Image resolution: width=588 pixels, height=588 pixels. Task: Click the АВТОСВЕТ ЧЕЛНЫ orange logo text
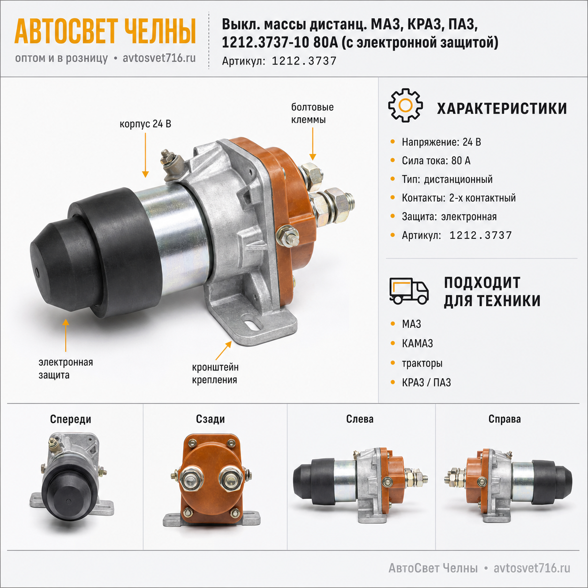[105, 31]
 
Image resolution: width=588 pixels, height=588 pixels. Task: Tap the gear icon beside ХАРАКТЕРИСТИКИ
[405, 106]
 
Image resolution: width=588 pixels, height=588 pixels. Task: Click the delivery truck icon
[409, 291]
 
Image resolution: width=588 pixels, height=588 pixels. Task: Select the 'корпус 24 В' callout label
[145, 124]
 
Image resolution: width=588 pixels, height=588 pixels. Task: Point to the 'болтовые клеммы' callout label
[312, 113]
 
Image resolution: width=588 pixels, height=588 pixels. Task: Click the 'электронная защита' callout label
[66, 369]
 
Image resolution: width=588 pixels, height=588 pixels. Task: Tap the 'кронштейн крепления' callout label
[215, 373]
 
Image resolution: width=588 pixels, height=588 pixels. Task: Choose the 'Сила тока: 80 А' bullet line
[436, 160]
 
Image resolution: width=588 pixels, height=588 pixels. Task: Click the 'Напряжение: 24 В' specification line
[441, 142]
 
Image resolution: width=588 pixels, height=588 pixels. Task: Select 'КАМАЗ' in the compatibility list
[417, 343]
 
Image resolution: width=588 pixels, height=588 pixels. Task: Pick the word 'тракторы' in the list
[422, 363]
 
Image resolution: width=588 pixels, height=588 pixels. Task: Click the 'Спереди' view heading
[70, 419]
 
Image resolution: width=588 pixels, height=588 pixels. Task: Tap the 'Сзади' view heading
[210, 419]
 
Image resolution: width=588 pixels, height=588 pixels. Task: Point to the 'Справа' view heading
[505, 419]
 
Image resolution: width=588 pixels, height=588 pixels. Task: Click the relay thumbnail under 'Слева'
[361, 482]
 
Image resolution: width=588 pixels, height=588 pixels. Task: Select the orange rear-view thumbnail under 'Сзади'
[211, 479]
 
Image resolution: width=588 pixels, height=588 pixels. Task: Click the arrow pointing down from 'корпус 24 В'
[145, 155]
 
